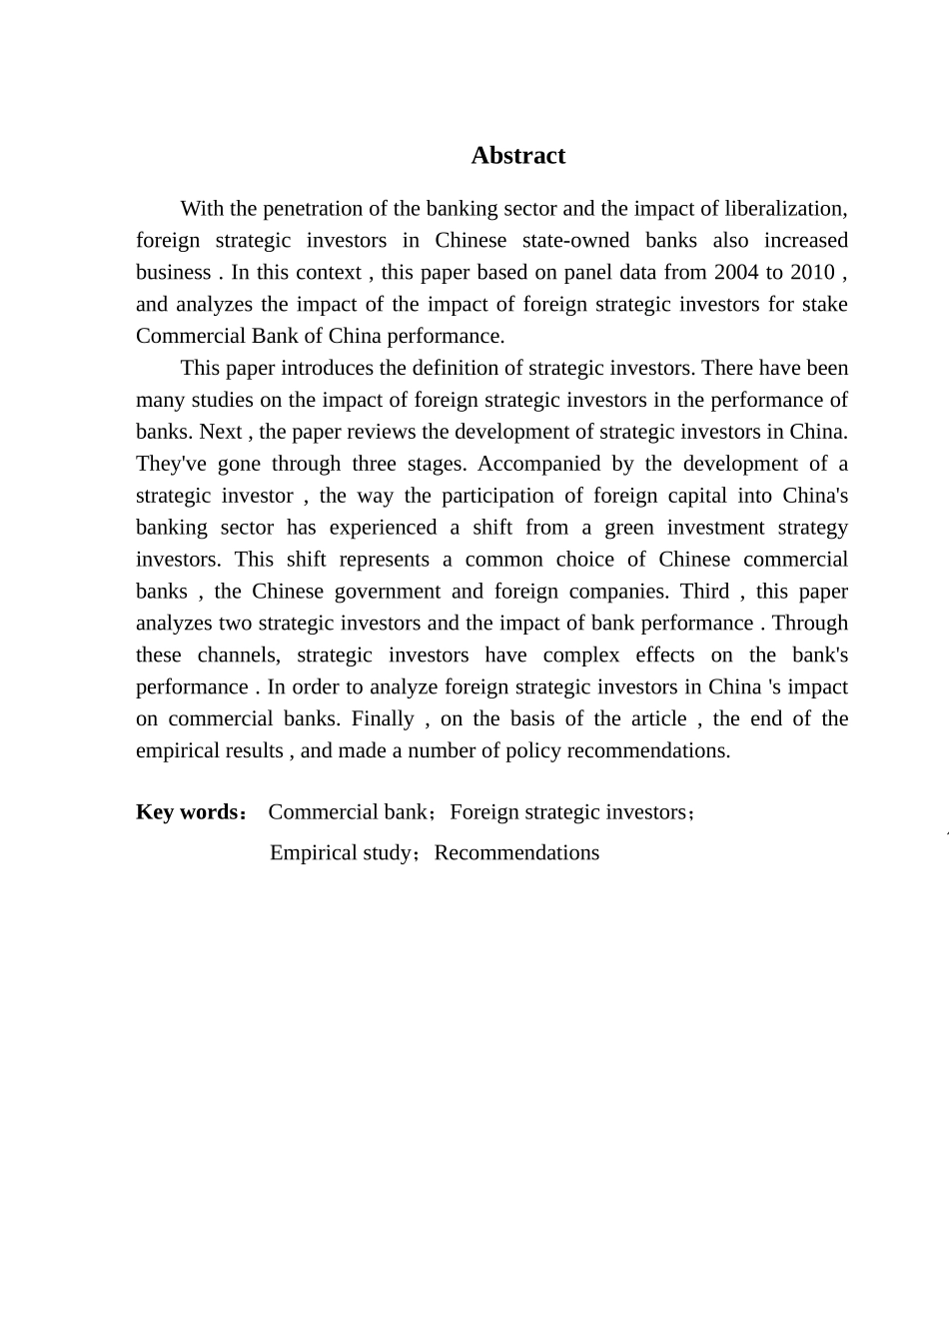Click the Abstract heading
tap(517, 156)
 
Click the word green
tap(629, 528)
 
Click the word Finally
tap(383, 719)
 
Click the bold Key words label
tap(187, 812)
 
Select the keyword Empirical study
tap(341, 853)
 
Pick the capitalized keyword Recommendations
tap(516, 853)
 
